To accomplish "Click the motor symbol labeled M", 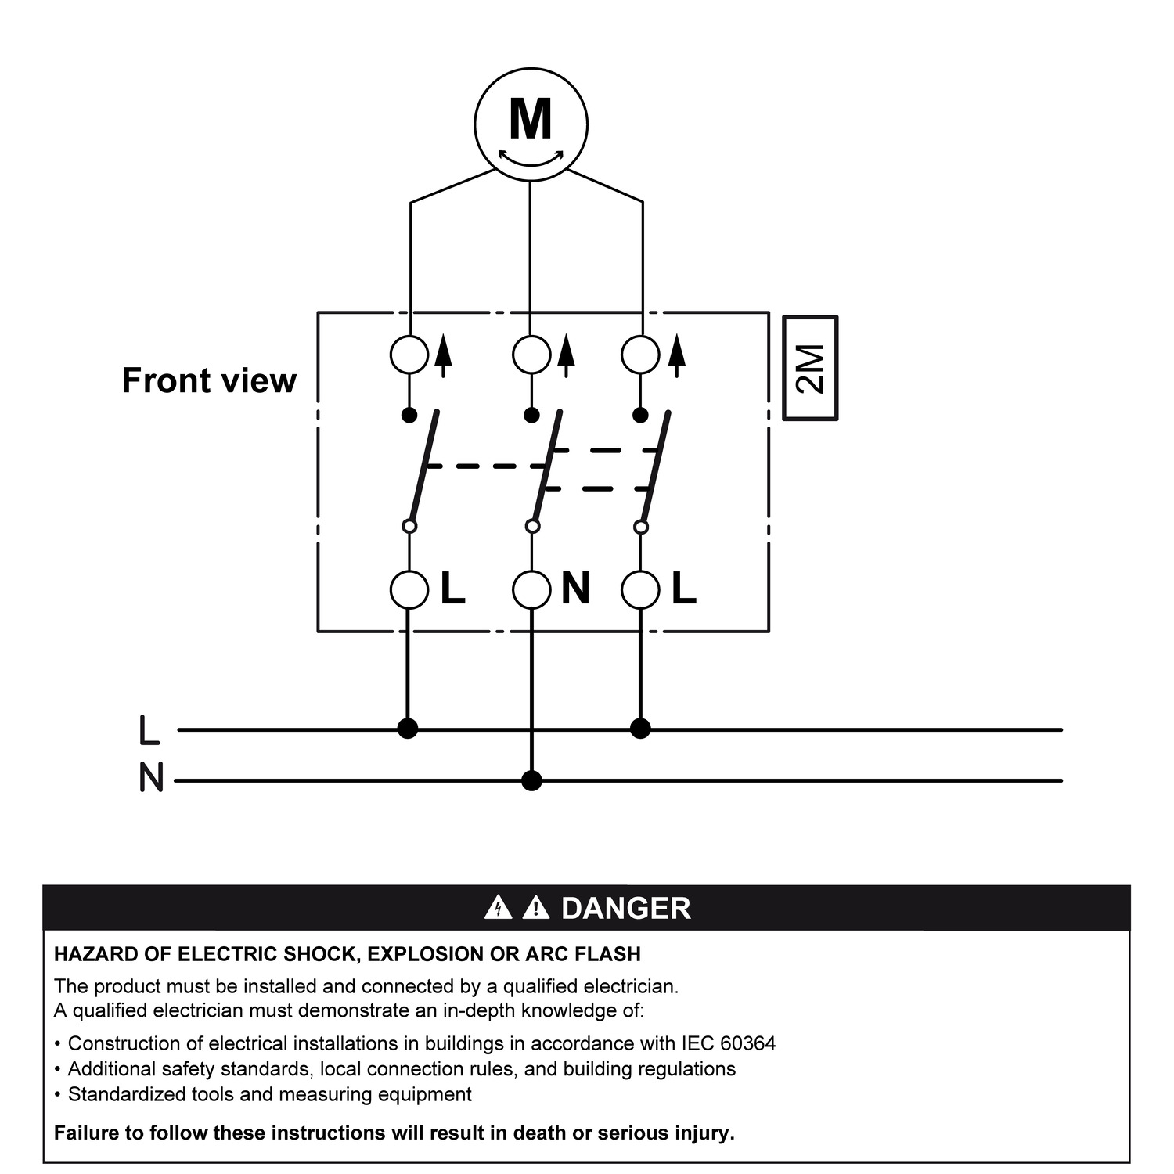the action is [531, 124].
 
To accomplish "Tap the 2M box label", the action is [811, 368].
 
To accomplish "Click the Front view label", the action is [209, 380].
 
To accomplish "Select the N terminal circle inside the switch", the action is [531, 589].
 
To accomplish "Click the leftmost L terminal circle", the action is [409, 589].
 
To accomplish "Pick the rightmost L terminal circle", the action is [640, 589].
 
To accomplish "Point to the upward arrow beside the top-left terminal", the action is [443, 356].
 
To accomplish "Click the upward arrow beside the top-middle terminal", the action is [567, 356].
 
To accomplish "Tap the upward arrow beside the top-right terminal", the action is [677, 356].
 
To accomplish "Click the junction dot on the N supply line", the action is [531, 780].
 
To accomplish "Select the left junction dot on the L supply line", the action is [408, 729].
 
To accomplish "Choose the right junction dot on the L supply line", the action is [640, 729].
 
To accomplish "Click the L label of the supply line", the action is [149, 729].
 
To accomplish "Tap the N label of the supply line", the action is [151, 778].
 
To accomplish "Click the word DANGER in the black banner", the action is [626, 909].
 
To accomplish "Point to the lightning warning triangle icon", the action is [498, 907].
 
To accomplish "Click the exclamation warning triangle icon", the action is [535, 907].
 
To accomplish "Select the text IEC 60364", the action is [728, 1043].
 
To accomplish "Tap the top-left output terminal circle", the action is [409, 355].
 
